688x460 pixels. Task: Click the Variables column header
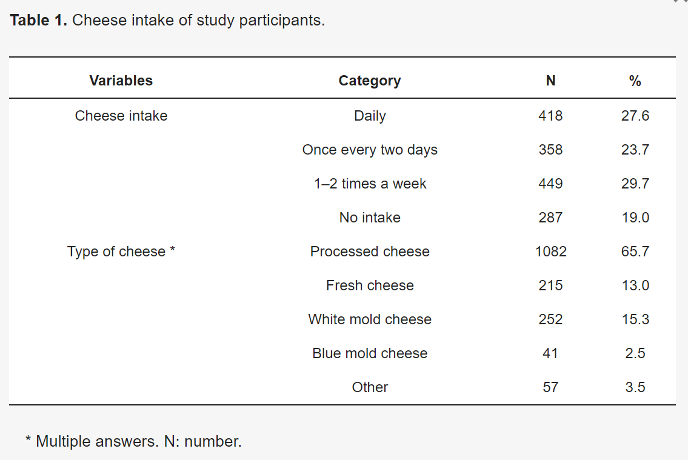121,81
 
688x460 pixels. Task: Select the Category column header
369,81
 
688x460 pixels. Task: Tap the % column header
635,81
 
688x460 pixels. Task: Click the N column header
550,81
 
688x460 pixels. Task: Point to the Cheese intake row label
121,116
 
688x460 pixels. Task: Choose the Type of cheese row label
121,252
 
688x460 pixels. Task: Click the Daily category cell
370,116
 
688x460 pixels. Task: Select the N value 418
550,116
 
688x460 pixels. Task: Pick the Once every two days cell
370,150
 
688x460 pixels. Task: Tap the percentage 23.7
635,150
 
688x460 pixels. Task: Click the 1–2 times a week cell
370,184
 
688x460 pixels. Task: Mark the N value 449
550,184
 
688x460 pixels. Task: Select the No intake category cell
370,218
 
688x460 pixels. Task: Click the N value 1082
550,252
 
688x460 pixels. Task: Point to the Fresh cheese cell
370,285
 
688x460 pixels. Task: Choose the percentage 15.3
635,319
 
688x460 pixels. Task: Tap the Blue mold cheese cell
370,353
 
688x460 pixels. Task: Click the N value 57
550,387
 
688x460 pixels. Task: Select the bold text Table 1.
38,20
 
